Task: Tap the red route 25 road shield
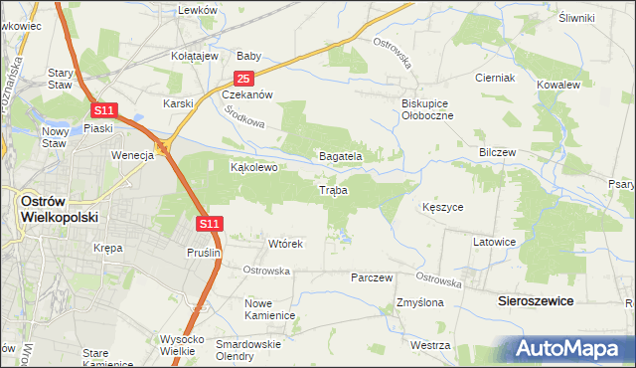[244, 79]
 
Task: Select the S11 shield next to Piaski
[105, 110]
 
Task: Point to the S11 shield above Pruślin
[209, 225]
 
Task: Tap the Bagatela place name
[339, 156]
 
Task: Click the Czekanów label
[246, 95]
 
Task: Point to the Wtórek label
[285, 243]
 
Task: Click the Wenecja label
[130, 155]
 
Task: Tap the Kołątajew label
[195, 57]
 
